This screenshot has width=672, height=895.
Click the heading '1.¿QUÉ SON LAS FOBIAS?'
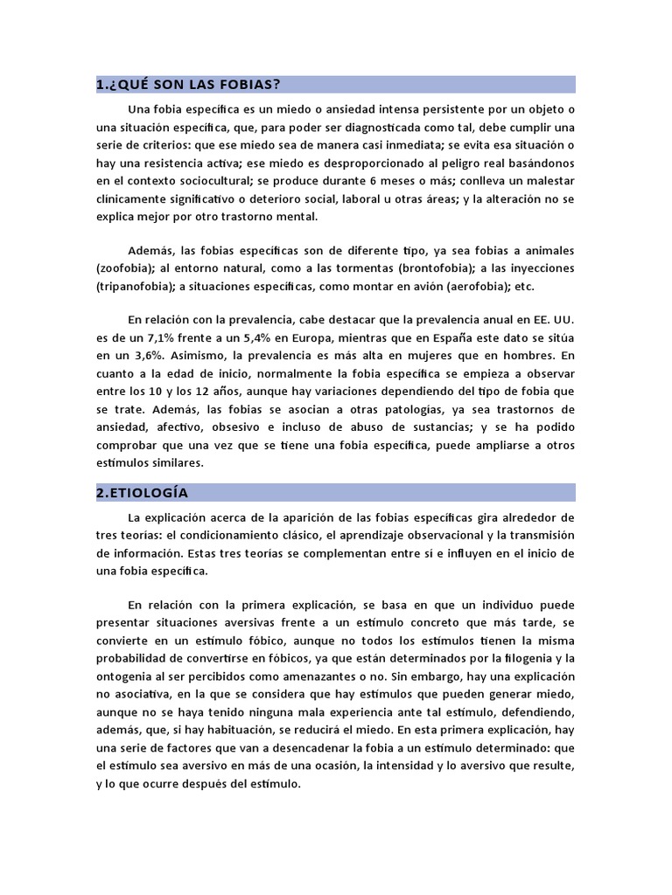coord(188,85)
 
